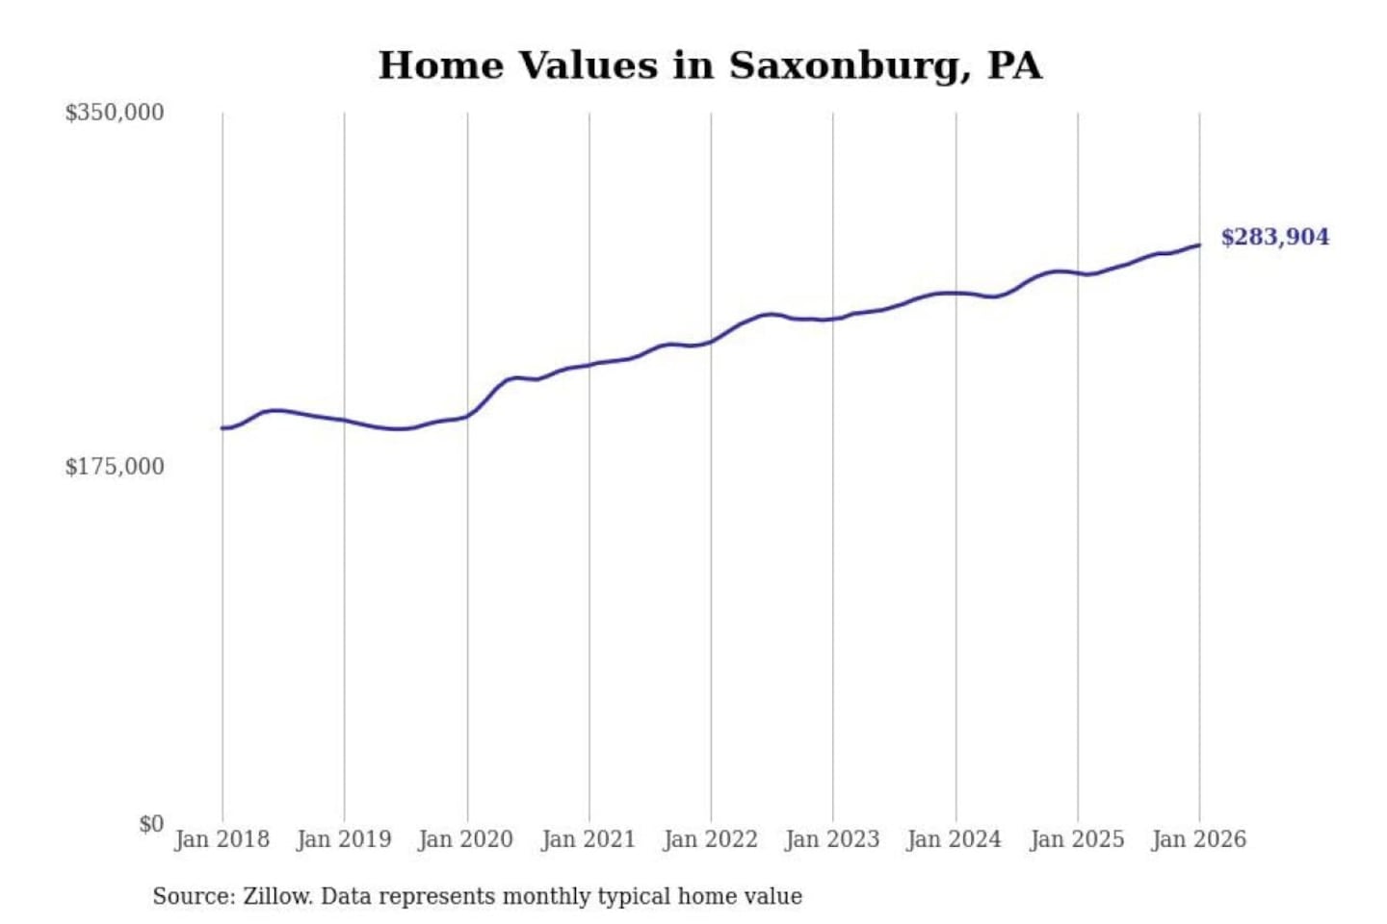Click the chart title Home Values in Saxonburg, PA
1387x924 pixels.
click(x=710, y=65)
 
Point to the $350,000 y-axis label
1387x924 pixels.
click(x=115, y=113)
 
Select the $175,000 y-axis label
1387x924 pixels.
click(x=115, y=467)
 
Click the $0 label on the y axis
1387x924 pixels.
click(x=151, y=824)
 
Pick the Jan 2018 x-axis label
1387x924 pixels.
click(x=222, y=839)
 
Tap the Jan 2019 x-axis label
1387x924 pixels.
click(x=344, y=839)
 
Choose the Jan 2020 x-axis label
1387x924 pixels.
click(x=466, y=839)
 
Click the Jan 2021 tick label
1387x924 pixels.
click(x=589, y=839)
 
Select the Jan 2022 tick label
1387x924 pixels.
click(x=711, y=839)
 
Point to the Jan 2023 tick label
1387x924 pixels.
click(x=833, y=839)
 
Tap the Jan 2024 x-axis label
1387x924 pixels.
click(x=955, y=839)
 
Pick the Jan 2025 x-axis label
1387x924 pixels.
click(x=1077, y=839)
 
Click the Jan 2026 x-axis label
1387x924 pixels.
click(x=1199, y=839)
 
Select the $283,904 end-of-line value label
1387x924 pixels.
click(x=1274, y=237)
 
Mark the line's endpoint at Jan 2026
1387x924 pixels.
click(x=1199, y=244)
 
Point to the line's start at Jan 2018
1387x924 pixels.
click(x=222, y=428)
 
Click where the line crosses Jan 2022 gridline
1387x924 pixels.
click(x=712, y=341)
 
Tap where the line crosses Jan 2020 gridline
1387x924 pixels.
click(x=468, y=416)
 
